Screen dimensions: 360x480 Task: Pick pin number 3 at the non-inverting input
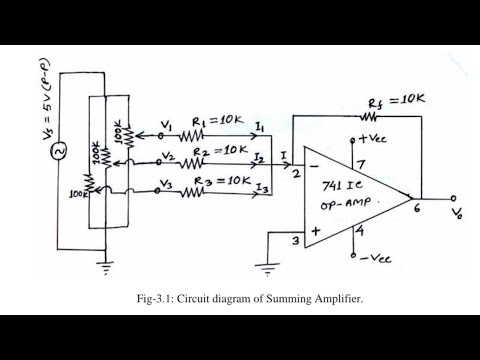pos(295,240)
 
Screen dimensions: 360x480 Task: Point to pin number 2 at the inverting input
pos(296,173)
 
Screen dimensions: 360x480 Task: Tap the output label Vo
pos(459,214)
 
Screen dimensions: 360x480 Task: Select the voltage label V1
pos(167,126)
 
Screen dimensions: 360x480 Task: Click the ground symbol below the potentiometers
pos(104,264)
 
